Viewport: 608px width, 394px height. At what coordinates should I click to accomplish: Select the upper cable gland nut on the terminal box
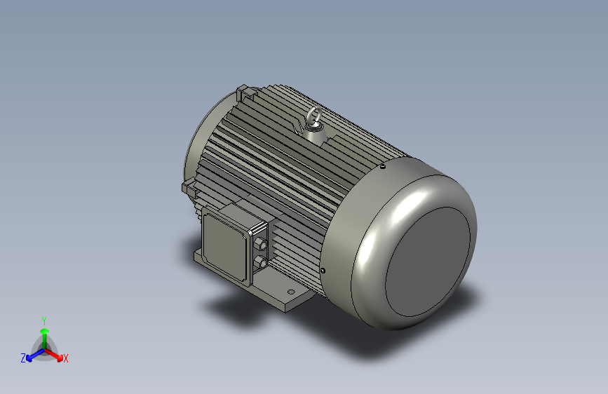coord(259,244)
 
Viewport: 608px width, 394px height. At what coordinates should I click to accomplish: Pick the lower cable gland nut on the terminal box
coord(259,262)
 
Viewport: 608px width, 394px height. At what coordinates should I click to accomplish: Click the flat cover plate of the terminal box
coord(225,245)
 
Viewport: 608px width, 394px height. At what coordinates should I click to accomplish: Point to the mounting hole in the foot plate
coord(291,292)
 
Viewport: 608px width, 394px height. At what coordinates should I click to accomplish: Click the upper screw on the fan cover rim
coord(383,167)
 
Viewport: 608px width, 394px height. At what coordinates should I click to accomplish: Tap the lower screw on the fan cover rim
coord(323,271)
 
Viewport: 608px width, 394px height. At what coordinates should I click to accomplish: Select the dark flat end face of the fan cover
coord(428,261)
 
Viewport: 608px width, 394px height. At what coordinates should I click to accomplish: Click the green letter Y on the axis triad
coord(44,321)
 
